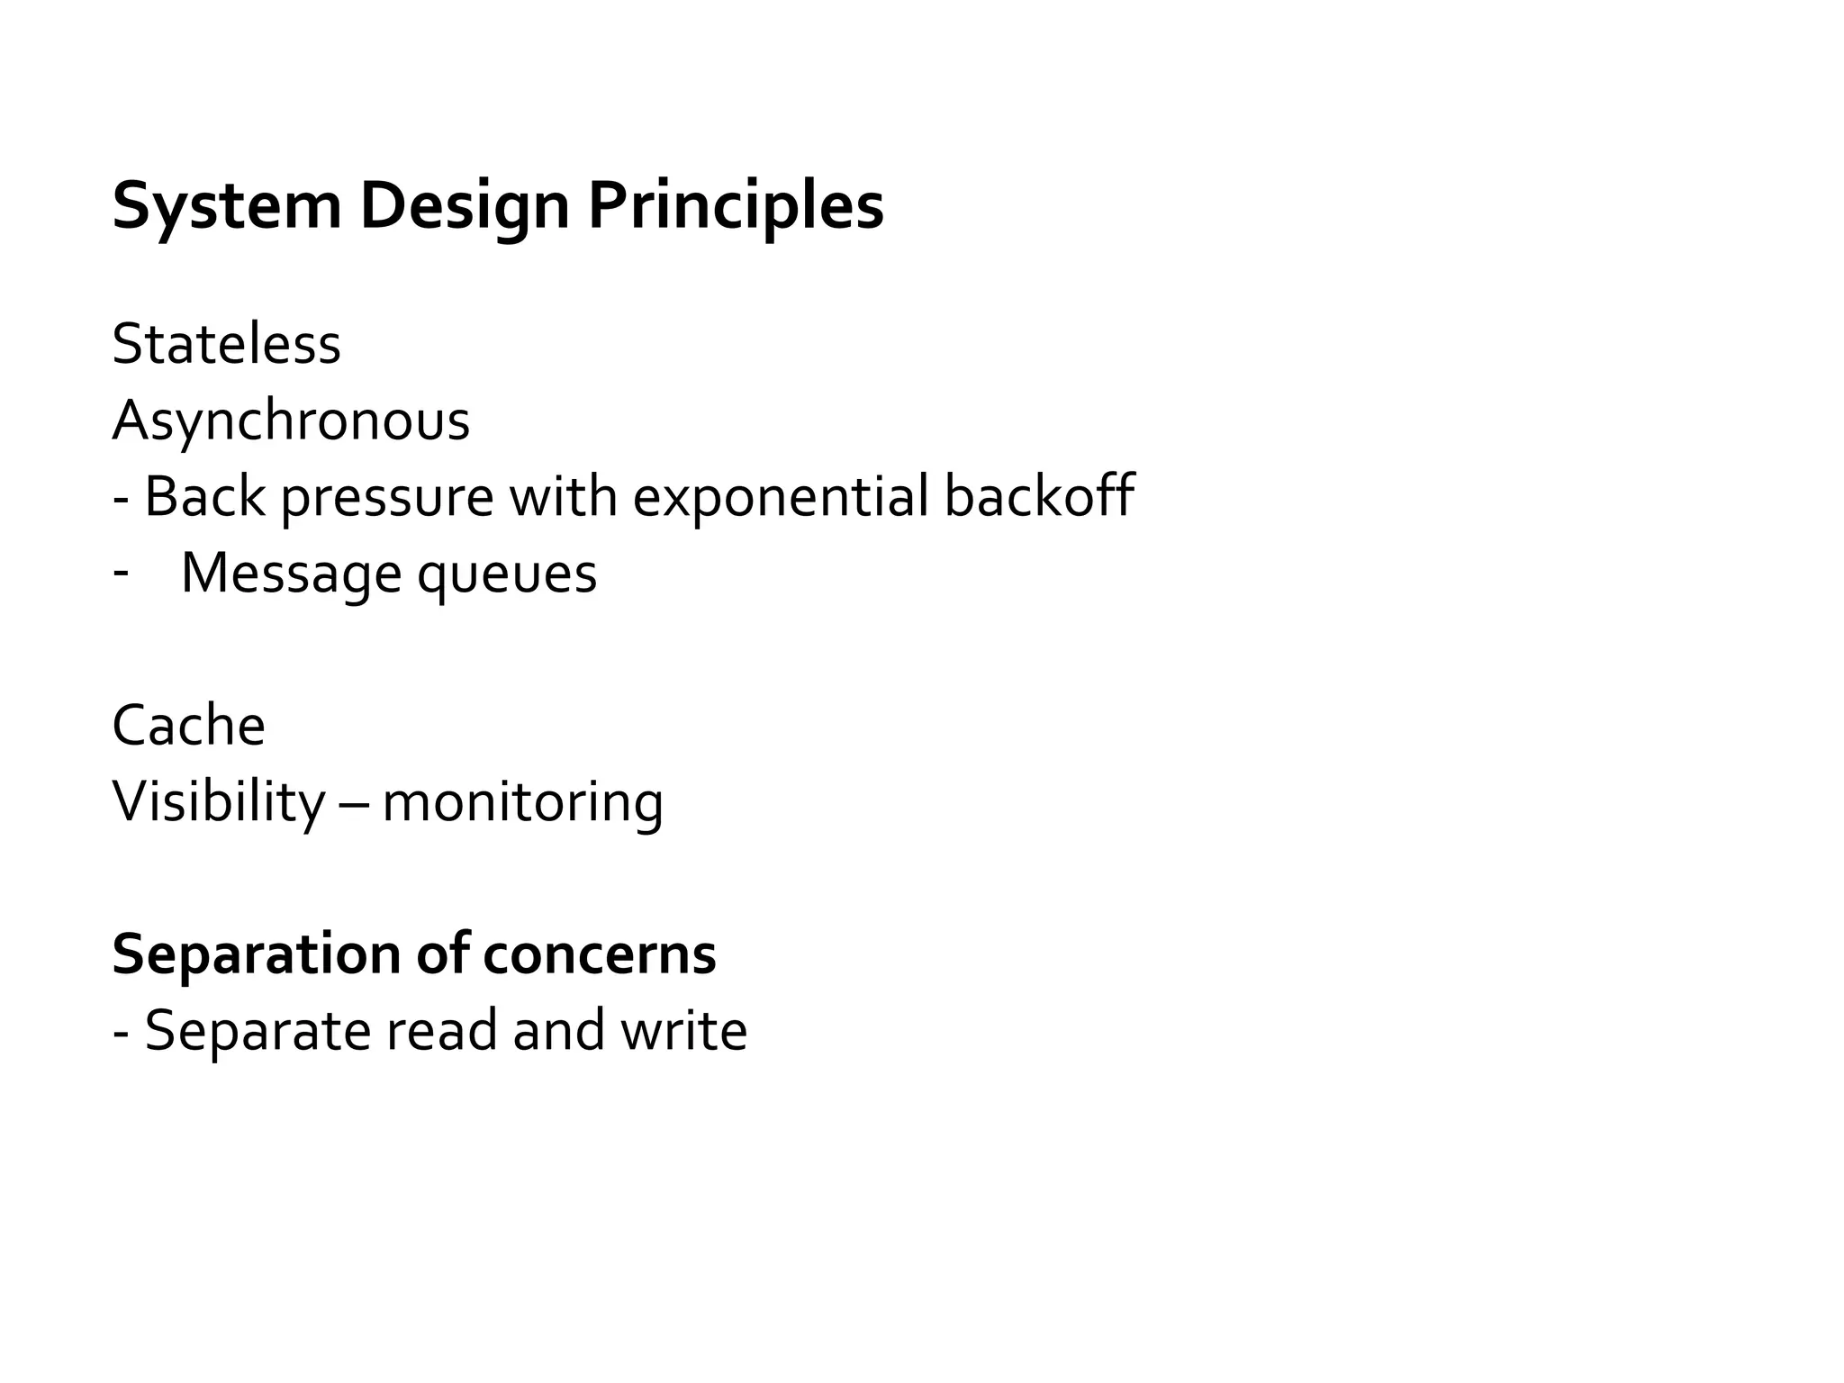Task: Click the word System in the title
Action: [x=226, y=207]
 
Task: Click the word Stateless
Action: [x=226, y=344]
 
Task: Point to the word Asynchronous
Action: [x=291, y=421]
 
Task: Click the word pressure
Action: [x=387, y=498]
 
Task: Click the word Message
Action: [x=290, y=574]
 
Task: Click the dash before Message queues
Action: [x=121, y=571]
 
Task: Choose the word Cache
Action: [x=188, y=726]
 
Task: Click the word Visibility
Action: [x=218, y=802]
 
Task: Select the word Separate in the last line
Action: [x=258, y=1032]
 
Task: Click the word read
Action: [x=441, y=1031]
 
